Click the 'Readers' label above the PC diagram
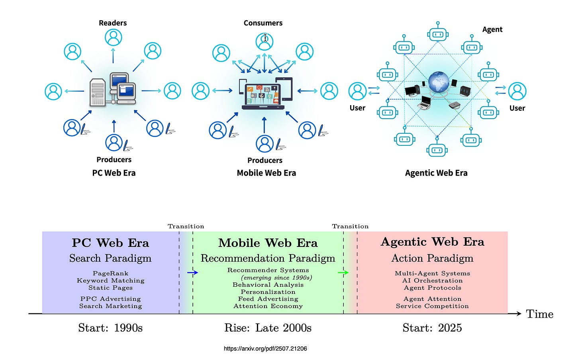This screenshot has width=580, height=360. (113, 23)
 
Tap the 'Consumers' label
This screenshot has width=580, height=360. (263, 23)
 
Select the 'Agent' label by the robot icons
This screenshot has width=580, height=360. (492, 29)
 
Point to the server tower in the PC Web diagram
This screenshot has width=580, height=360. (98, 92)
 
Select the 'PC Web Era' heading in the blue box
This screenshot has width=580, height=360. (110, 243)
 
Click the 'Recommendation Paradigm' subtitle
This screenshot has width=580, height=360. (268, 258)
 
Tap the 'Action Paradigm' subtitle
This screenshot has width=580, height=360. (432, 258)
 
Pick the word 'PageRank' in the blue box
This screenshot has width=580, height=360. (110, 273)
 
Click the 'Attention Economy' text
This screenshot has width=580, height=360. (268, 306)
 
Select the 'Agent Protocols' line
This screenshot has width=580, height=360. (432, 288)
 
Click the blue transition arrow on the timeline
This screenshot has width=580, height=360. (192, 273)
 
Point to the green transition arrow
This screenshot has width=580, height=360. (343, 273)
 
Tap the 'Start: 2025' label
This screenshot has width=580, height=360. (432, 328)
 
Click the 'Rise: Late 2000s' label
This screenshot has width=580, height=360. (268, 328)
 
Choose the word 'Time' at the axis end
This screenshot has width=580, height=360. (539, 314)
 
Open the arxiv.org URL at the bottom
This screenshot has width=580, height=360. (265, 348)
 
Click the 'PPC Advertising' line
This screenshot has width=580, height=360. (110, 299)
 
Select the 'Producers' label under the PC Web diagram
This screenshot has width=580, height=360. (114, 160)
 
